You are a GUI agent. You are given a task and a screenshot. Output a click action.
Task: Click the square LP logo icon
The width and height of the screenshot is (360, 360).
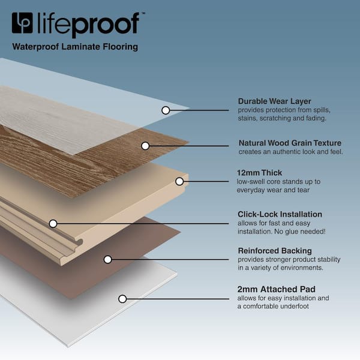pos(22,23)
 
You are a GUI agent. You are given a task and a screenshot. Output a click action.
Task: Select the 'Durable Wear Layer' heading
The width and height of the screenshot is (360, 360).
pos(274,101)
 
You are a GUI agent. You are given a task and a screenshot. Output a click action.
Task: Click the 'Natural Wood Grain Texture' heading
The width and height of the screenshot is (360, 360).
pos(290,143)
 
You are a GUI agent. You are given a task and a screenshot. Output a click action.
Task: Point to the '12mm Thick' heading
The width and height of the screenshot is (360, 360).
pos(259,173)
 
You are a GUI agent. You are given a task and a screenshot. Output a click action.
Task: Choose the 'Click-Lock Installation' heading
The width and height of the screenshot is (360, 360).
pos(280,214)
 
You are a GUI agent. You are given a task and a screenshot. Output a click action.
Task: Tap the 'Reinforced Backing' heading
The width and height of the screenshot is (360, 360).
pos(274,251)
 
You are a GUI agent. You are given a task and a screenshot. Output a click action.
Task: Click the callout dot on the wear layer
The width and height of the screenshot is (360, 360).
pos(165,110)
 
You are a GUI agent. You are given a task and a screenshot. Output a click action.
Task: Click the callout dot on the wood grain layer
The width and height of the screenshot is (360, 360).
pos(145,145)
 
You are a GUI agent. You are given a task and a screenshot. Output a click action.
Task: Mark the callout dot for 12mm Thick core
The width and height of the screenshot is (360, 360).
pos(179,181)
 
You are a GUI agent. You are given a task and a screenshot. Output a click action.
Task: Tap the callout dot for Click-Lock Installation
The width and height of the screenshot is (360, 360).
pos(53,223)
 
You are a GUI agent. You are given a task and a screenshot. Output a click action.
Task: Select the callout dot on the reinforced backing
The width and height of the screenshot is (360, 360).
pos(107,259)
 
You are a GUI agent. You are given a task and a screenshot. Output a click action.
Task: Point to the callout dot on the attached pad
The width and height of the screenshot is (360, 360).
pos(122,298)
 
